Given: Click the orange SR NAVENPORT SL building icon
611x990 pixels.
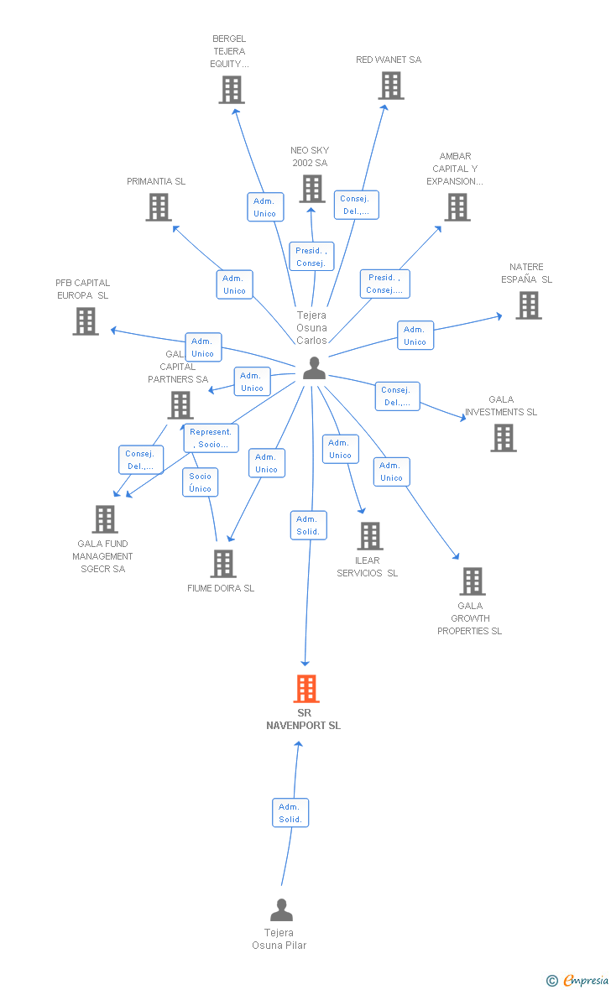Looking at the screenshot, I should coord(306,689).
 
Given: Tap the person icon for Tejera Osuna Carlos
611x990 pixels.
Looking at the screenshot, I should coord(314,367).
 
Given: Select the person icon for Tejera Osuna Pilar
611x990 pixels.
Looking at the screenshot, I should coord(282,910).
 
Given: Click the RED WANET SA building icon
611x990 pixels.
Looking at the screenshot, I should coord(391,86).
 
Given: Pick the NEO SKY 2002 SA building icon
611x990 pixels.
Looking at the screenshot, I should coord(312,189).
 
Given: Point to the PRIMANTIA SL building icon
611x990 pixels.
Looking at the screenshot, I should coord(159,207).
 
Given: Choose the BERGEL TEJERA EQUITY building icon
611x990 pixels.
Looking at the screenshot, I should coord(232,90).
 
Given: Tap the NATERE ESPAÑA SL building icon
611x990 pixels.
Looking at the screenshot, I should coord(529,305).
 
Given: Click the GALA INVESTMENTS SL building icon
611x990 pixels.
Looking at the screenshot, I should coord(504,438).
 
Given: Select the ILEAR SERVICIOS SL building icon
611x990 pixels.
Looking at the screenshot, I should coord(370,536).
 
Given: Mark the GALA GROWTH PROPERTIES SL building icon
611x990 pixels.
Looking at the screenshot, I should coord(473,581).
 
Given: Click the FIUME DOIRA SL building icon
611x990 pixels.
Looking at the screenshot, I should coord(222,564).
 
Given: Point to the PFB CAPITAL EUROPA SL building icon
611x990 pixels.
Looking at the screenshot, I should coord(86,321).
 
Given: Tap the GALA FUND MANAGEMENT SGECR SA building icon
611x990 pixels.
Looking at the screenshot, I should coord(105,519).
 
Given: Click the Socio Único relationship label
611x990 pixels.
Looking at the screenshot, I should coord(201,482).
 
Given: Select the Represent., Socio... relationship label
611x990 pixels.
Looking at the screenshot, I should coord(211,438).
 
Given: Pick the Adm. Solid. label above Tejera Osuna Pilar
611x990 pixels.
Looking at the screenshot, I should coord(290,813).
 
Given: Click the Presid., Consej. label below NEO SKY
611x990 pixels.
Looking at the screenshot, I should coord(311,257).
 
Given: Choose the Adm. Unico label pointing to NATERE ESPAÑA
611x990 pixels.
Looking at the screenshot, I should coord(415,336).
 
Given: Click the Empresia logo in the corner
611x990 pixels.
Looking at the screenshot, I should coord(584,980).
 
